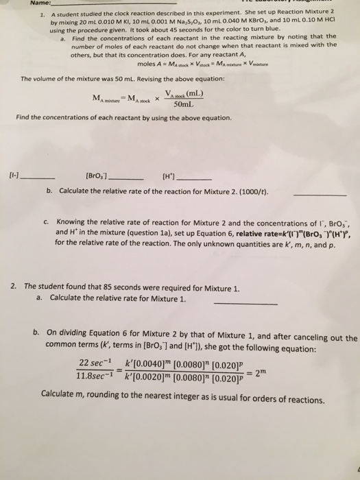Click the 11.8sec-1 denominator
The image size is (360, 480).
[x=95, y=376]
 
